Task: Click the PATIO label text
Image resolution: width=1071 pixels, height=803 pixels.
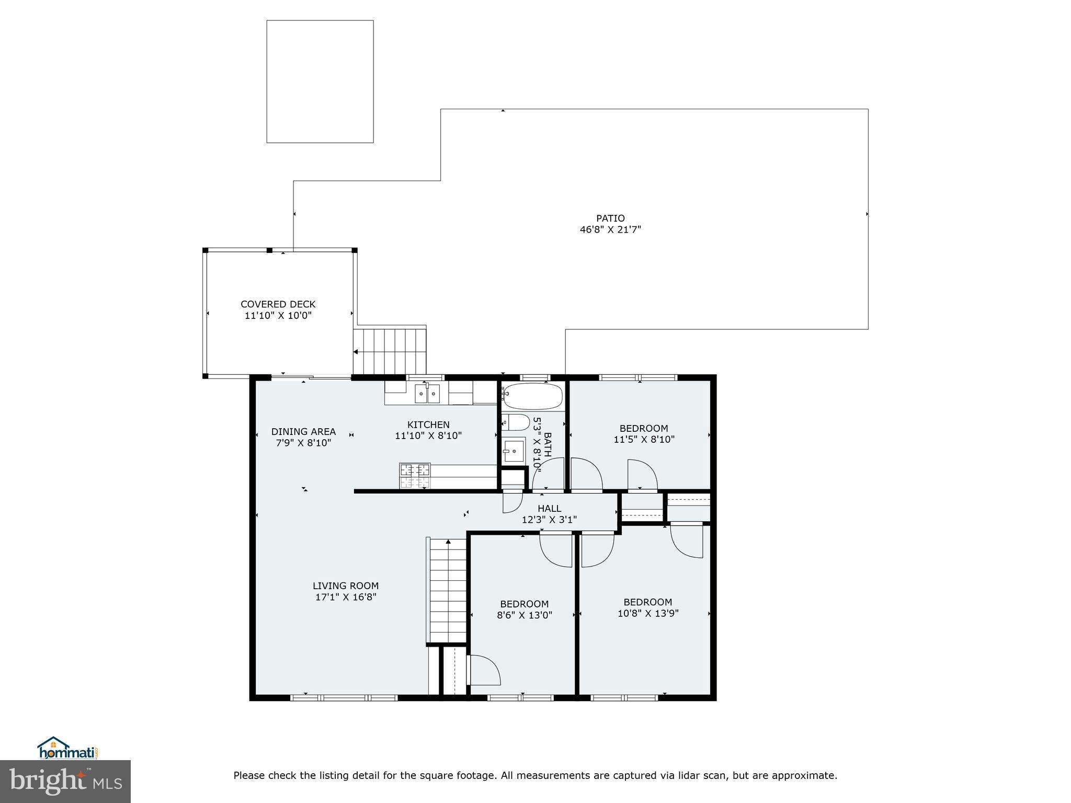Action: pyautogui.click(x=610, y=219)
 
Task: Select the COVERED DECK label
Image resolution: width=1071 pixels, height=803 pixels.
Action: pyautogui.click(x=278, y=304)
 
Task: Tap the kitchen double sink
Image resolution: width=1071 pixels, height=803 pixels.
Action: pyautogui.click(x=427, y=393)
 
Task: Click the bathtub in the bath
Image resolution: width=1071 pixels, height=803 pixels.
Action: pyautogui.click(x=532, y=397)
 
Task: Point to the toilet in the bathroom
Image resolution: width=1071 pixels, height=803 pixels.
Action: pyautogui.click(x=517, y=422)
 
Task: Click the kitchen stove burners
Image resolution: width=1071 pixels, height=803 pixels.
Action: pyautogui.click(x=415, y=476)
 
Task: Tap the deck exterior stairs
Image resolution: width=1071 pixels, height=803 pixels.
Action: pyautogui.click(x=391, y=351)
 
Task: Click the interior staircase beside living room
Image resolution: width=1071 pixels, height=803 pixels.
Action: pyautogui.click(x=448, y=591)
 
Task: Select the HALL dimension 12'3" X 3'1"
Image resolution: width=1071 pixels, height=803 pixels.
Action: pyautogui.click(x=549, y=520)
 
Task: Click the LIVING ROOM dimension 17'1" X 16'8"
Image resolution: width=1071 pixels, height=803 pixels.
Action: pyautogui.click(x=346, y=597)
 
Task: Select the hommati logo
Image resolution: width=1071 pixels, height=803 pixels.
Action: pyautogui.click(x=67, y=749)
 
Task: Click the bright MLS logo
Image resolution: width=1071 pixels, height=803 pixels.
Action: pyautogui.click(x=65, y=781)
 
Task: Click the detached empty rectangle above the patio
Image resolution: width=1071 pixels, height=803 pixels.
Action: pyautogui.click(x=320, y=82)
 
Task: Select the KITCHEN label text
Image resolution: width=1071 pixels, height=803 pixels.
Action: pyautogui.click(x=428, y=425)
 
